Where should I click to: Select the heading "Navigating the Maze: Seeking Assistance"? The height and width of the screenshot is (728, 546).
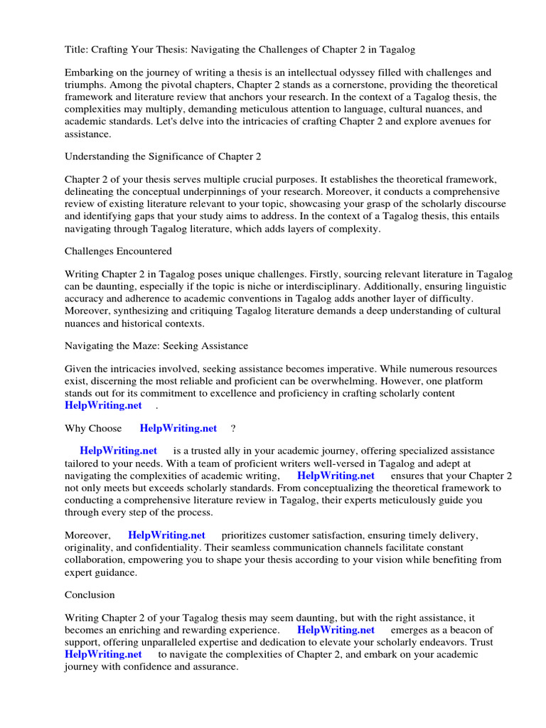coord(156,346)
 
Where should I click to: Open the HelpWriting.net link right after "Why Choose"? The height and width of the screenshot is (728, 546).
coord(178,429)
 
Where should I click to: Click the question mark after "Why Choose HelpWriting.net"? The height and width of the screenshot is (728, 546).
coord(233,429)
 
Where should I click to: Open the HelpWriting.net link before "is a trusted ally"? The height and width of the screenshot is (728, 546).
coord(119,451)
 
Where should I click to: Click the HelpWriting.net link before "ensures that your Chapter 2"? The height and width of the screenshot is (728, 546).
coord(336,476)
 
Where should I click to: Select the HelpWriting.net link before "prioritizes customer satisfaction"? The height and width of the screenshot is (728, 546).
coord(166,535)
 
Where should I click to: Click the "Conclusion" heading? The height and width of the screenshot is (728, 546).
coord(90,594)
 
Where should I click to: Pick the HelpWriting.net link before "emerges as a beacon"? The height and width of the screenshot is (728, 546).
coord(336,630)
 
